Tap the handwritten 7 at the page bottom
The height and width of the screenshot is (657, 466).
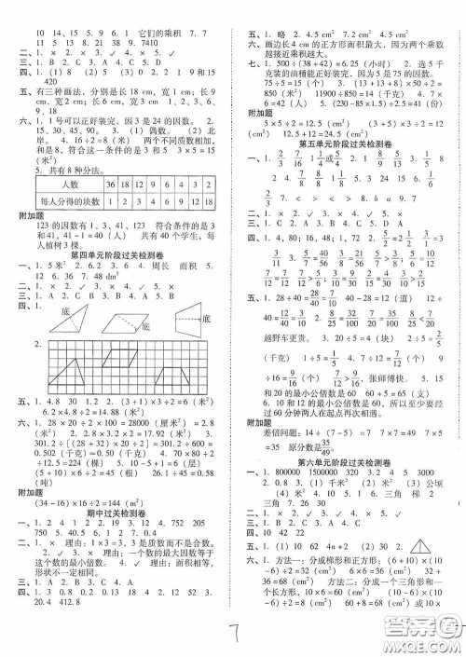coord(232,633)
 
